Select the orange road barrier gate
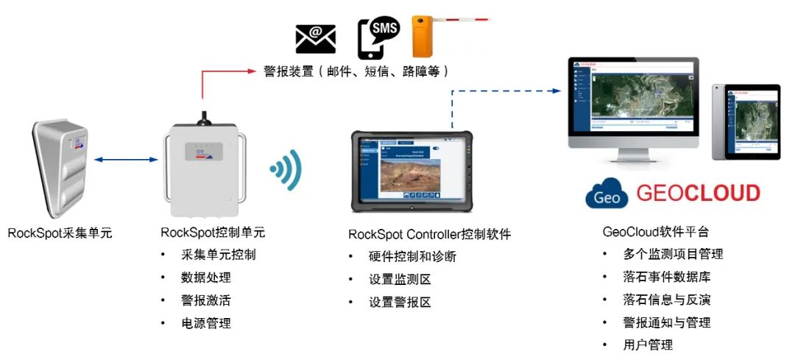coord(423,37)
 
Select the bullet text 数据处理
coord(206,278)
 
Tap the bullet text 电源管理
coord(206,323)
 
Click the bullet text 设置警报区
coord(400,303)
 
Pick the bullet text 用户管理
coord(648,345)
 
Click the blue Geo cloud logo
coord(606,194)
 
